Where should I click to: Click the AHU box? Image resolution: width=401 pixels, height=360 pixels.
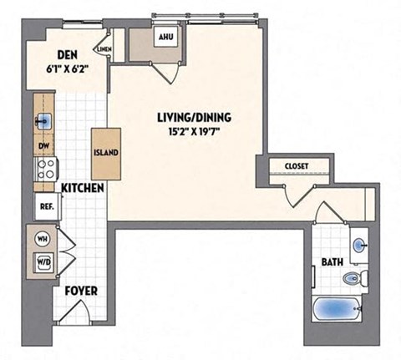point(163,38)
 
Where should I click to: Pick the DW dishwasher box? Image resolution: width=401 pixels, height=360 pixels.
point(43,145)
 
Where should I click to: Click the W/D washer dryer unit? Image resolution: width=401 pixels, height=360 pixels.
point(42,262)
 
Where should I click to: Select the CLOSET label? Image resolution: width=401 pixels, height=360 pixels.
point(297,166)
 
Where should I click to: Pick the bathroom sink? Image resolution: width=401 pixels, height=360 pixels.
point(359,245)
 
